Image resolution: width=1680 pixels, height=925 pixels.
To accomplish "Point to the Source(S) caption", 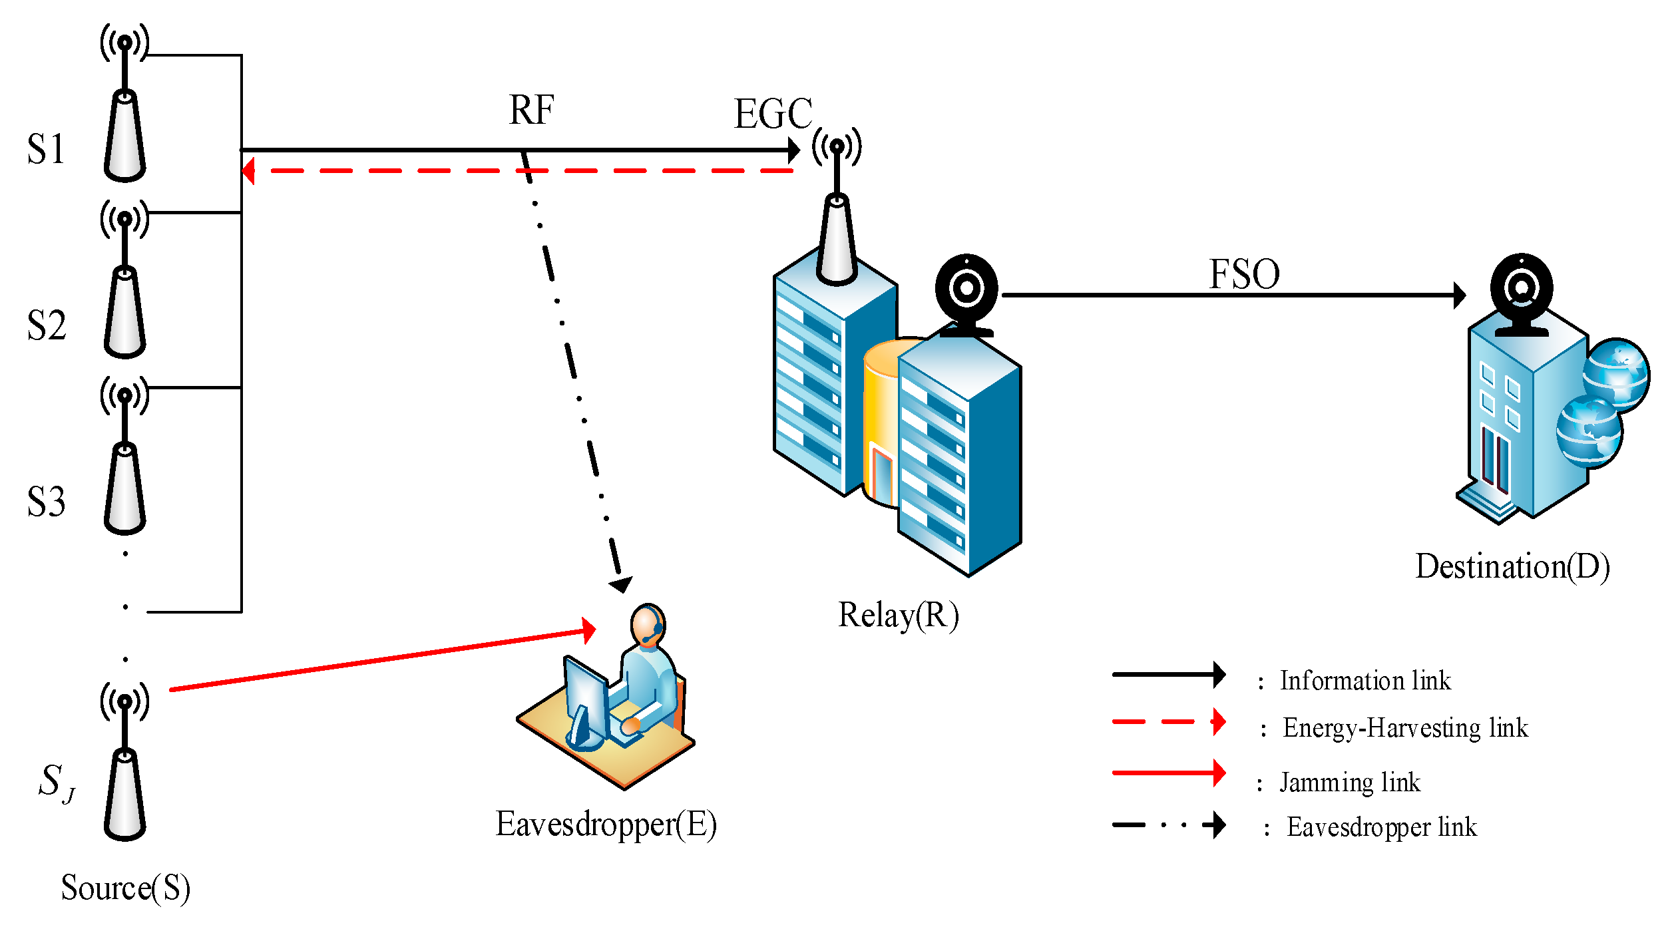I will (x=125, y=888).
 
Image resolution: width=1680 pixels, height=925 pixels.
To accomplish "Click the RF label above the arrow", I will (x=531, y=110).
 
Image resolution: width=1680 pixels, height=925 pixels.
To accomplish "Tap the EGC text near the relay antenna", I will (x=773, y=114).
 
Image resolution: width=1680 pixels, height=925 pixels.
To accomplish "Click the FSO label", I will (x=1243, y=274).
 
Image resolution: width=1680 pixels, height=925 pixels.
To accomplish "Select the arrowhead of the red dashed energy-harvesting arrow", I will (x=248, y=171).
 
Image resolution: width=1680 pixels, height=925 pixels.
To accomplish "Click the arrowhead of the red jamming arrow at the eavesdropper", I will (x=588, y=630).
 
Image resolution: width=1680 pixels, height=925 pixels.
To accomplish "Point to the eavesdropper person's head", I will (x=647, y=624).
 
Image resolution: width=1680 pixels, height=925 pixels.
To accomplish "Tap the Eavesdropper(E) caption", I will (x=606, y=824).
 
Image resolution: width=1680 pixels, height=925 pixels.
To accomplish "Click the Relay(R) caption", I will (x=898, y=615).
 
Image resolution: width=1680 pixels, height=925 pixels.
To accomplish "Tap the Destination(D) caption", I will (x=1512, y=566).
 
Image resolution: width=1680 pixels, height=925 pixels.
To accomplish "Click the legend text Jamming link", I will (x=1349, y=783).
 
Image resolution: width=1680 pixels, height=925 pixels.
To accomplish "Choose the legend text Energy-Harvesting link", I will (x=1404, y=727).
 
